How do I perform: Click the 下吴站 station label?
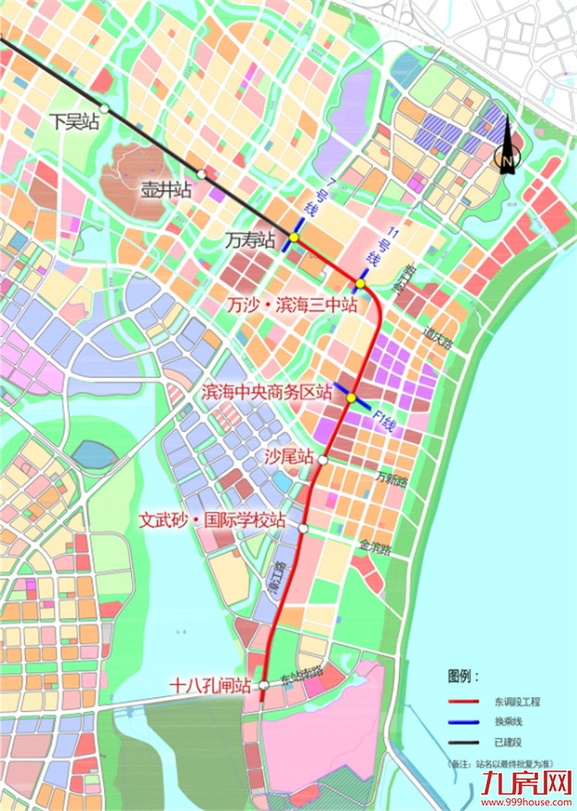[74, 121]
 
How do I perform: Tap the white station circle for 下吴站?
[106, 109]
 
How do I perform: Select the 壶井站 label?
[165, 190]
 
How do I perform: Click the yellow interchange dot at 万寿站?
[294, 238]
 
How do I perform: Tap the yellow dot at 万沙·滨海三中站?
[361, 284]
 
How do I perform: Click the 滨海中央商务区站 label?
[268, 392]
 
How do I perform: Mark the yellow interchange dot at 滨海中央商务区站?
[352, 397]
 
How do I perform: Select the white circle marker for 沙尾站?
[323, 459]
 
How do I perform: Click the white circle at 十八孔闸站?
[264, 685]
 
